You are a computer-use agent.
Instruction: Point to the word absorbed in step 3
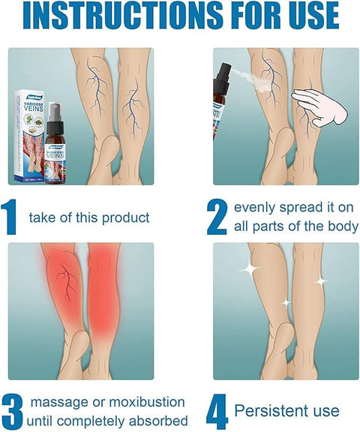(157, 421)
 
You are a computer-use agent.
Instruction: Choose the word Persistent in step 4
(270, 411)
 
